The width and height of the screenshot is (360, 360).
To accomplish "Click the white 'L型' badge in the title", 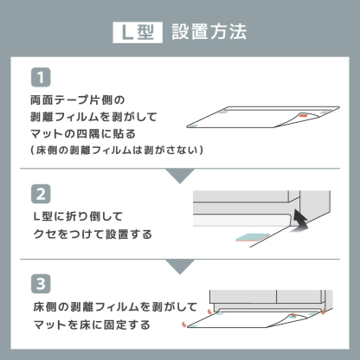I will (x=137, y=32).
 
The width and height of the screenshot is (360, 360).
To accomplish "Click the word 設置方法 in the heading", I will (x=209, y=32).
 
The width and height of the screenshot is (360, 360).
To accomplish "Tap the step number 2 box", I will (x=40, y=192).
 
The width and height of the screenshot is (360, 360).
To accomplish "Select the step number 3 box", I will (x=40, y=284).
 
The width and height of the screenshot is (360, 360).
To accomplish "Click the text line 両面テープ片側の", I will (x=73, y=100).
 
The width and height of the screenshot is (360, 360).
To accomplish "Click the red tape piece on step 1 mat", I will (x=302, y=116).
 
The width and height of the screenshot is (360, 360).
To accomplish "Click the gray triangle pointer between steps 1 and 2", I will (x=180, y=176).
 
